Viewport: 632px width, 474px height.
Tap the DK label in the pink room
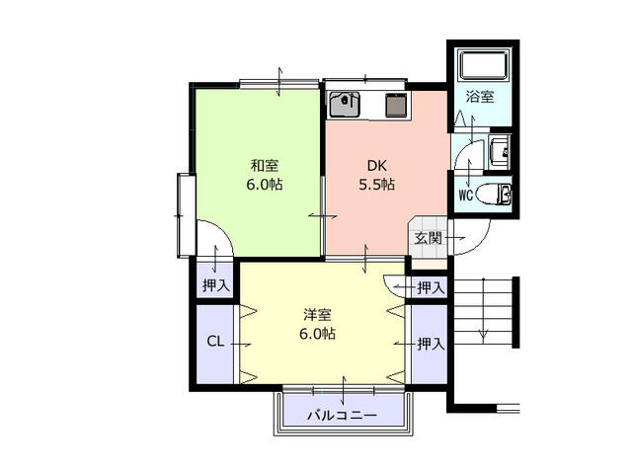pos(376,165)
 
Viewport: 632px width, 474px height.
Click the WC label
pos(465,195)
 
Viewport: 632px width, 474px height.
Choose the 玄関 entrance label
pos(428,238)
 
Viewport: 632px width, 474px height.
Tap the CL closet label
pos(214,343)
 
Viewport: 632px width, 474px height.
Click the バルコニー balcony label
pos(342,416)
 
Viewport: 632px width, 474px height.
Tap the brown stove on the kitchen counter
pos(396,103)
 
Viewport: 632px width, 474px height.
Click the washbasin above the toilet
pos(500,152)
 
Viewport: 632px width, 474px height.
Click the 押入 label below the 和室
pos(215,286)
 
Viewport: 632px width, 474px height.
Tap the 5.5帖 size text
pos(376,185)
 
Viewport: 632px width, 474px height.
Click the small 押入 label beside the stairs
pos(430,287)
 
